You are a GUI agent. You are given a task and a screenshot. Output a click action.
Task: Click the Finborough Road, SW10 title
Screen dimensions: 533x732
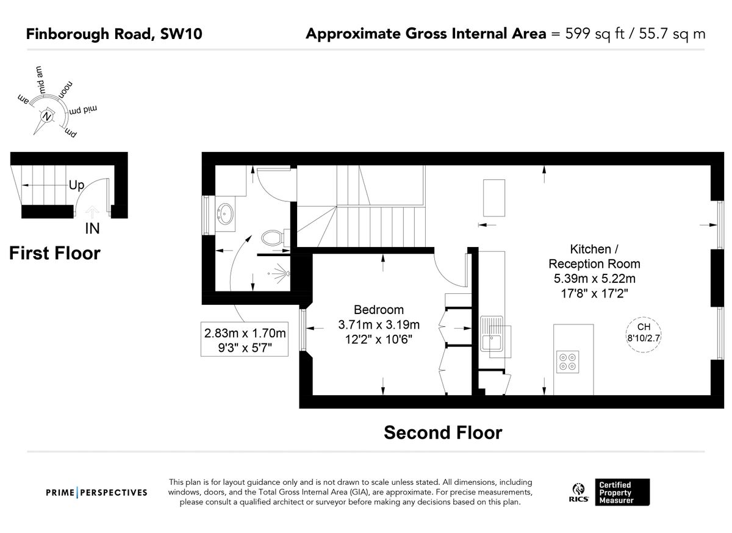(113, 34)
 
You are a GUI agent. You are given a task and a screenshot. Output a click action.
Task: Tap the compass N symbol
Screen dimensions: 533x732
(46, 116)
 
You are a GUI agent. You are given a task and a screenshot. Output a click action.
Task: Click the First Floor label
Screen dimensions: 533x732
(55, 252)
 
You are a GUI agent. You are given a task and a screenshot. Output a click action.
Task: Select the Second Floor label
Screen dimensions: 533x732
(442, 432)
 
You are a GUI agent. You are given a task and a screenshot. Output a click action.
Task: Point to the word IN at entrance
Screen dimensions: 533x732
(92, 229)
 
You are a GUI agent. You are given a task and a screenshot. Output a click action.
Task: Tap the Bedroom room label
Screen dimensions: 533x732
(379, 309)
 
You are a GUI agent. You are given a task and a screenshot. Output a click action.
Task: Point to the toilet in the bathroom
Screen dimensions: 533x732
(273, 237)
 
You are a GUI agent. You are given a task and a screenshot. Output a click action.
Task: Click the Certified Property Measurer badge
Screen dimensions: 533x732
(623, 492)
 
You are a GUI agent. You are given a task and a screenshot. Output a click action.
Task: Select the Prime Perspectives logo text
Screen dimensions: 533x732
(97, 492)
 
